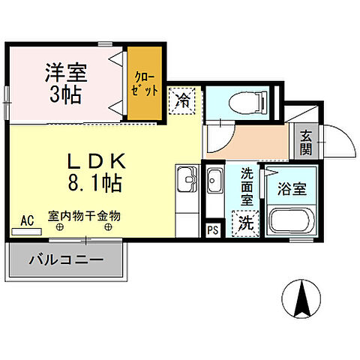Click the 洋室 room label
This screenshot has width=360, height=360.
[x=65, y=73]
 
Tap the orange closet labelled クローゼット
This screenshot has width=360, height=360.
[x=142, y=82]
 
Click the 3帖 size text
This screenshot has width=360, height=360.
[x=66, y=94]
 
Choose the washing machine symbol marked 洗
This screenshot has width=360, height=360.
[x=244, y=223]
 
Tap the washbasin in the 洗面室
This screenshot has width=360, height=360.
[x=214, y=181]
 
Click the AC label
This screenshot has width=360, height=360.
[x=28, y=220]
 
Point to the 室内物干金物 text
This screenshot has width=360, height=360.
[x=84, y=215]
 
